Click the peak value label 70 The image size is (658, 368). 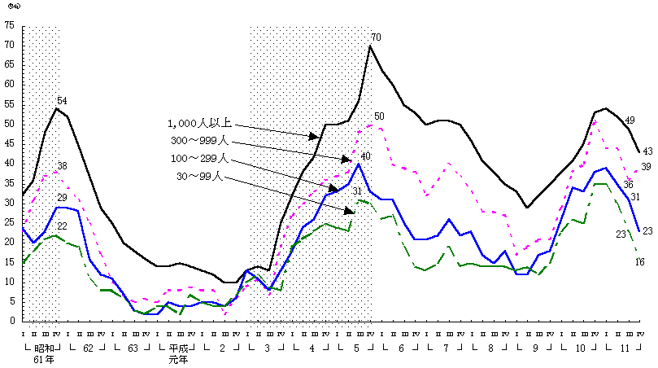click(x=376, y=37)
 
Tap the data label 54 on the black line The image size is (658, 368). click(x=62, y=100)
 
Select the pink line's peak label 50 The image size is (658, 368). click(x=379, y=116)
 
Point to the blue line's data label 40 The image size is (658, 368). click(x=365, y=156)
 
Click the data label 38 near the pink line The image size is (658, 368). click(x=62, y=166)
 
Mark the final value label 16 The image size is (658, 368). click(x=640, y=261)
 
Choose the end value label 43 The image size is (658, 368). click(x=647, y=151)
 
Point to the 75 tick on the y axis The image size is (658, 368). click(x=8, y=25)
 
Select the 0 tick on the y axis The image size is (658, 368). click(x=11, y=321)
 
